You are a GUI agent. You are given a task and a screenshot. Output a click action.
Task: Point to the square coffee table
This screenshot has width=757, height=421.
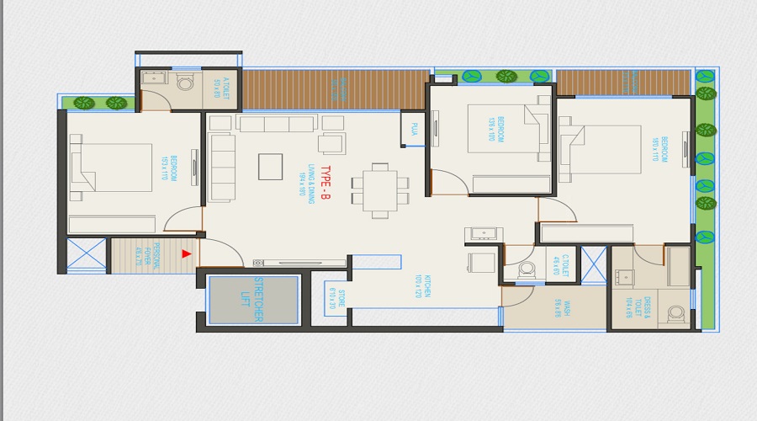272,166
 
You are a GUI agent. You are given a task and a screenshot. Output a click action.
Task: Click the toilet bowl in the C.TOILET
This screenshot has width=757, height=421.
527,269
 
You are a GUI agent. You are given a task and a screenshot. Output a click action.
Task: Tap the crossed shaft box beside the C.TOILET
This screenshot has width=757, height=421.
593,263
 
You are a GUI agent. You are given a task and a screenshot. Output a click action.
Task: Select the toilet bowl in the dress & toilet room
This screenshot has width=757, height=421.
675,314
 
